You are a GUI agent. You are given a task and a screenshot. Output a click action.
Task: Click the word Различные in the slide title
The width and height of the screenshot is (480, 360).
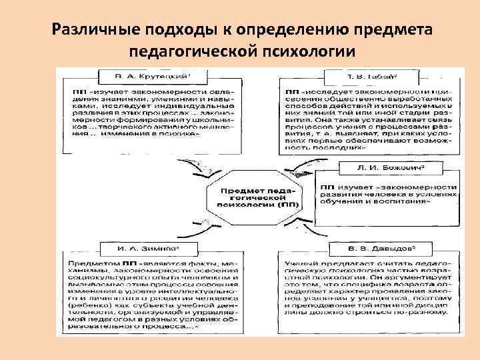87,31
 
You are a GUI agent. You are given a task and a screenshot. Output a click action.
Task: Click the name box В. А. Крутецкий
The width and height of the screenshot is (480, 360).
147,75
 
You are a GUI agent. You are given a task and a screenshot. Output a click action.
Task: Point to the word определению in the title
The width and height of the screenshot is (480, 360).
281,31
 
